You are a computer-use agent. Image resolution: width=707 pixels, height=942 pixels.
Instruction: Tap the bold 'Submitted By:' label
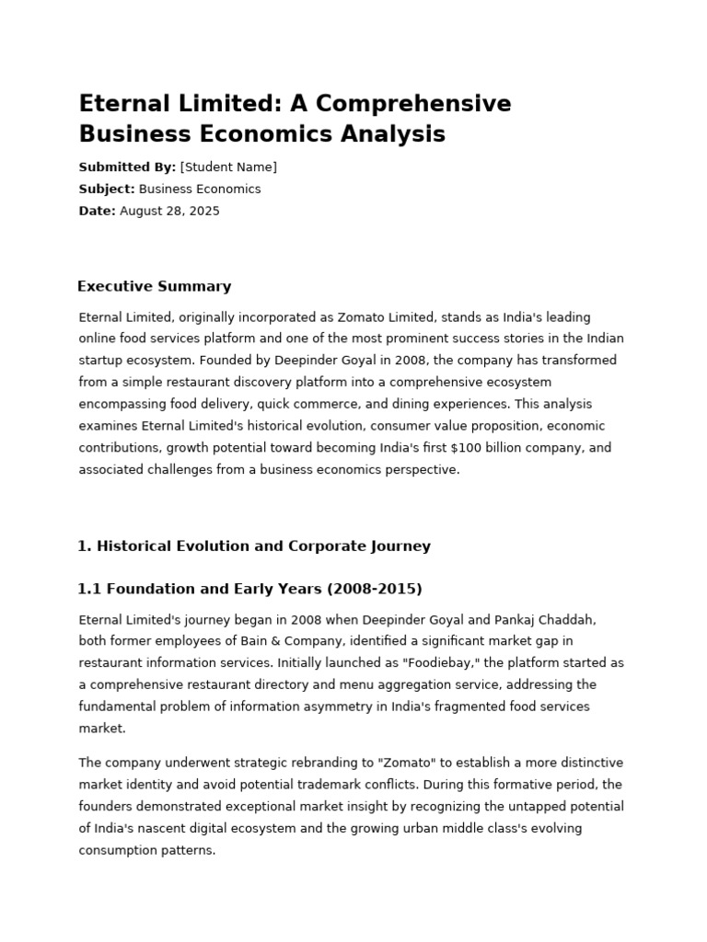127,167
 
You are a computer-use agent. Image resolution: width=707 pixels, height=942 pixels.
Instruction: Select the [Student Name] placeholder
228,167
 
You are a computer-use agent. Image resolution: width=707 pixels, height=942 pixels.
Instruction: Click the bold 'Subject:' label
107,190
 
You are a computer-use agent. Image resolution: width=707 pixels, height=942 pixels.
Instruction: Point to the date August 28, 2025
169,212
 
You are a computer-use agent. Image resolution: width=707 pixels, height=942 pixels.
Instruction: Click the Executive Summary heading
155,286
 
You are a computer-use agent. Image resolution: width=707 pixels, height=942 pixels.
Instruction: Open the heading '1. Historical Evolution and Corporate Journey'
254,546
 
